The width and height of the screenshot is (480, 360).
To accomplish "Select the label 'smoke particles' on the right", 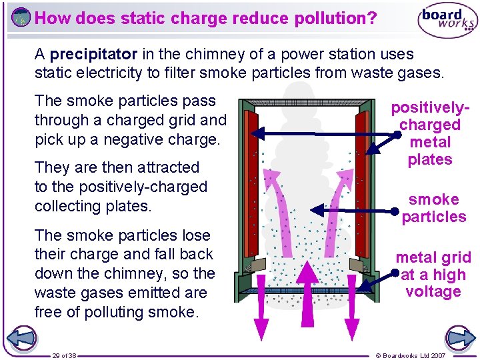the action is point(434,208).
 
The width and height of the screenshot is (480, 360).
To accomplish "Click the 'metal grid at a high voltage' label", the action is point(433,274).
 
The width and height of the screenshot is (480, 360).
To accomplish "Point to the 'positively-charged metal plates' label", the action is point(430,133).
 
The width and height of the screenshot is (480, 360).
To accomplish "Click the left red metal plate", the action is point(251,183).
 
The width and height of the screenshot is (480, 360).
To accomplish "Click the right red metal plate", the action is point(362,183).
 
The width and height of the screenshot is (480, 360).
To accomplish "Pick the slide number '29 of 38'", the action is point(65,355).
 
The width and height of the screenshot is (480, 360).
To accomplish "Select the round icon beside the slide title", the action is point(21,17).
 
